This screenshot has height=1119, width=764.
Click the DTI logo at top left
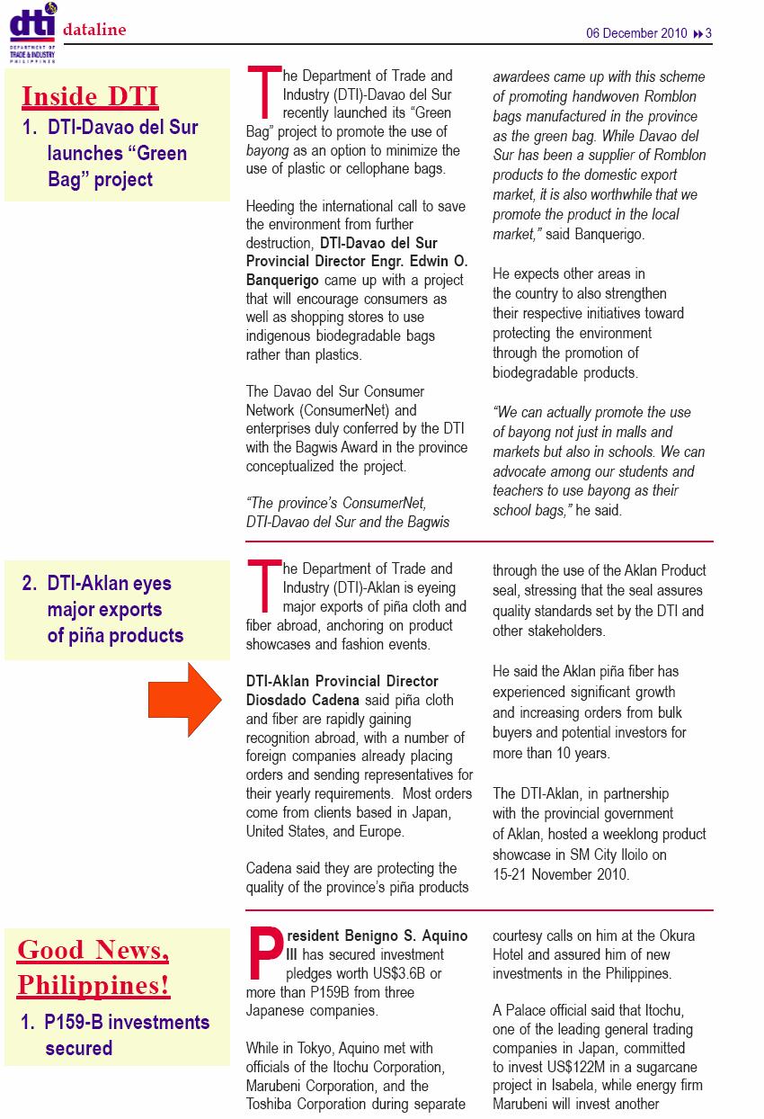tap(32, 31)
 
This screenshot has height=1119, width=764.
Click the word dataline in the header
tap(94, 31)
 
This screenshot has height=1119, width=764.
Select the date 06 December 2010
tap(636, 33)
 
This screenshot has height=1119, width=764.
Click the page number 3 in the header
tap(708, 33)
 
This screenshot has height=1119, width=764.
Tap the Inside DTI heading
tap(90, 96)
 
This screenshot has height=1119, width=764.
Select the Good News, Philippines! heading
tap(93, 967)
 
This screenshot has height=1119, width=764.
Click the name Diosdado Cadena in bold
tap(301, 700)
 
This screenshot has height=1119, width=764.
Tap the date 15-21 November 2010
tap(560, 873)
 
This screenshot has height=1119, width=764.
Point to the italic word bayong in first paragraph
tap(268, 150)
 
